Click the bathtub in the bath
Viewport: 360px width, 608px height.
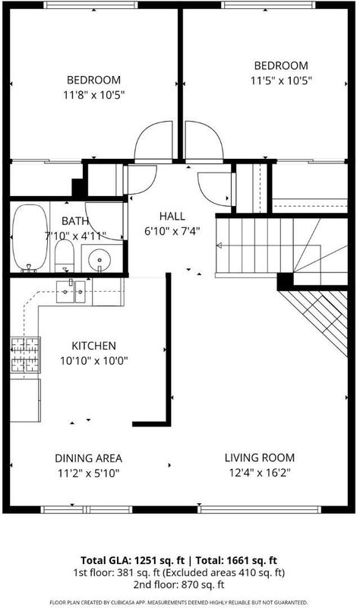pyautogui.click(x=30, y=237)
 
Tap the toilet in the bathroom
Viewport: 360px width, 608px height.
pyautogui.click(x=65, y=256)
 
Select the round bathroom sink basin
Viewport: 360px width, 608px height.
pyautogui.click(x=99, y=260)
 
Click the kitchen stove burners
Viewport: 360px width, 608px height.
pyautogui.click(x=25, y=355)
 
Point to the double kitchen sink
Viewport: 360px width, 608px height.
pyautogui.click(x=71, y=292)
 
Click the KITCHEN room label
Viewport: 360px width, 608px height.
pyautogui.click(x=93, y=346)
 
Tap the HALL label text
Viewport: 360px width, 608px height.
pyautogui.click(x=172, y=216)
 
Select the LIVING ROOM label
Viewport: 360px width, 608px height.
pyautogui.click(x=260, y=458)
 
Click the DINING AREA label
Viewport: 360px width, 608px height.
pyautogui.click(x=88, y=458)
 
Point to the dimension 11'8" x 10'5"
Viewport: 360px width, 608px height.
pyautogui.click(x=93, y=95)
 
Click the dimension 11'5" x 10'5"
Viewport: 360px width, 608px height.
pyautogui.click(x=281, y=81)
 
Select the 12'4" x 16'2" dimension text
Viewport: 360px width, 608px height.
pyautogui.click(x=260, y=473)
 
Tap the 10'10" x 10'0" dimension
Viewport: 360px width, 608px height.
pyautogui.click(x=93, y=361)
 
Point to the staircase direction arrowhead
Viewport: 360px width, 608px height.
pyautogui.click(x=219, y=245)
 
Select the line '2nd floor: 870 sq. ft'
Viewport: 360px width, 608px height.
pyautogui.click(x=178, y=584)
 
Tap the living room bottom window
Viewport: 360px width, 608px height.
pyautogui.click(x=260, y=509)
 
